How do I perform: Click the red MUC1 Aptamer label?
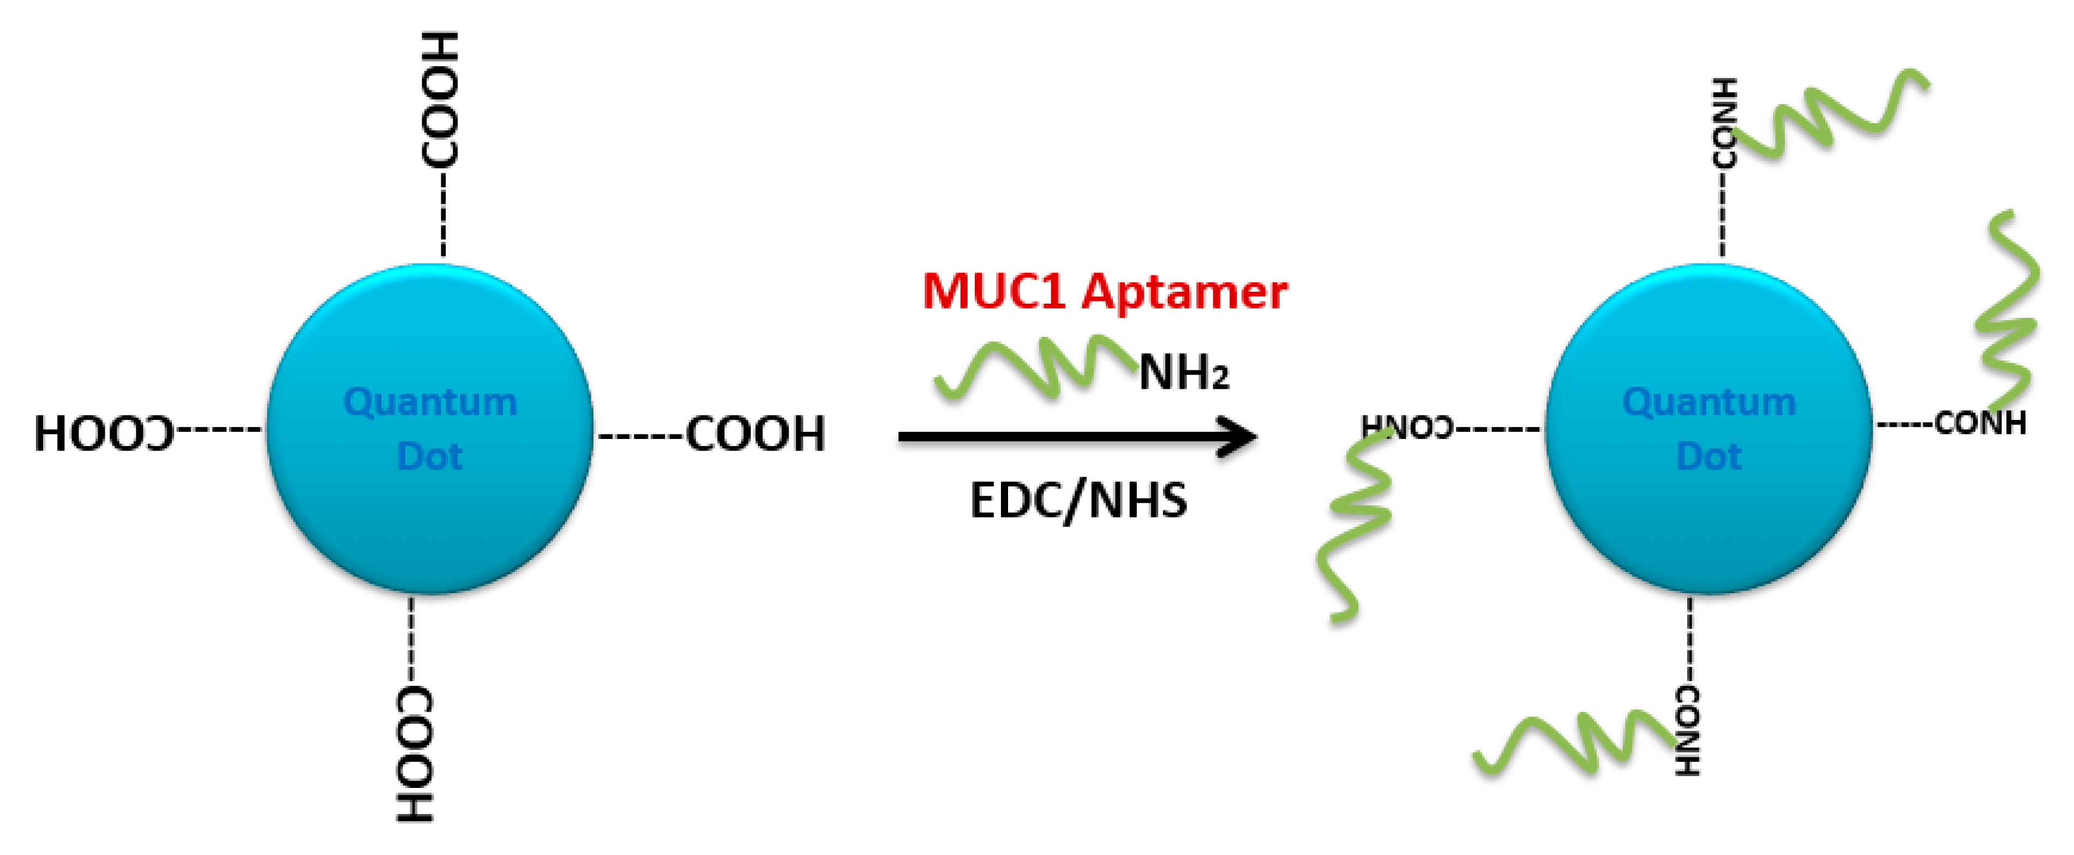[x=1104, y=291]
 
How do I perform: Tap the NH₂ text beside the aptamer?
[x=1184, y=374]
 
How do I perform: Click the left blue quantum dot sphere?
[x=430, y=515]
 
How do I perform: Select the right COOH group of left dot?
[x=755, y=434]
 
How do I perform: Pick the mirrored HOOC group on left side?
[x=104, y=434]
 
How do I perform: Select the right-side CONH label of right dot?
[x=1980, y=423]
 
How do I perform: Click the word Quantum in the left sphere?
[x=430, y=402]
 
